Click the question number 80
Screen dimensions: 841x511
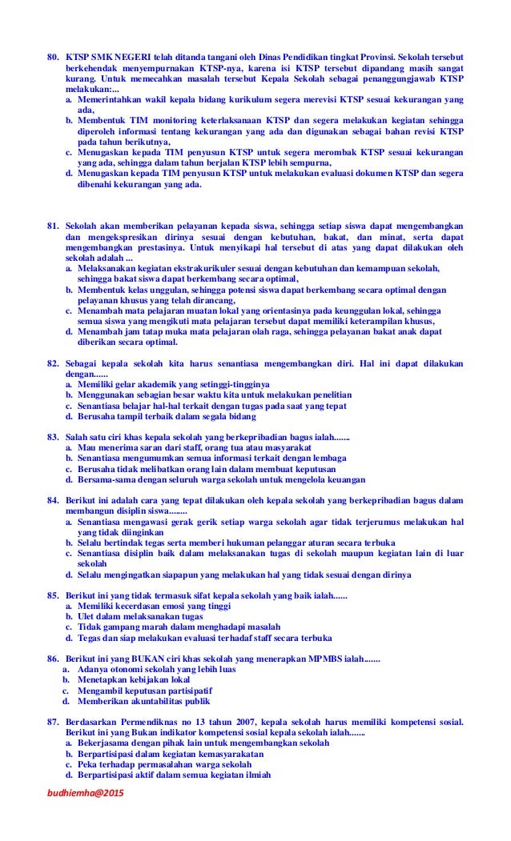click(x=52, y=59)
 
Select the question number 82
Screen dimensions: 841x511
click(x=52, y=363)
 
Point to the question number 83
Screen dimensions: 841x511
click(x=52, y=437)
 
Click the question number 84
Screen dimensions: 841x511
click(x=52, y=501)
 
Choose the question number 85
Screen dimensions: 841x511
click(x=52, y=595)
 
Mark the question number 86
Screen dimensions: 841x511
click(x=52, y=658)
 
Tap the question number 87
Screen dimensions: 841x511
click(x=52, y=722)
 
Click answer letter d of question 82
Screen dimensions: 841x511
click(x=69, y=416)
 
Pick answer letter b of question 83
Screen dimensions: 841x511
click(x=69, y=459)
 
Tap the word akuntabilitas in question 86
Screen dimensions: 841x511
click(x=150, y=701)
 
